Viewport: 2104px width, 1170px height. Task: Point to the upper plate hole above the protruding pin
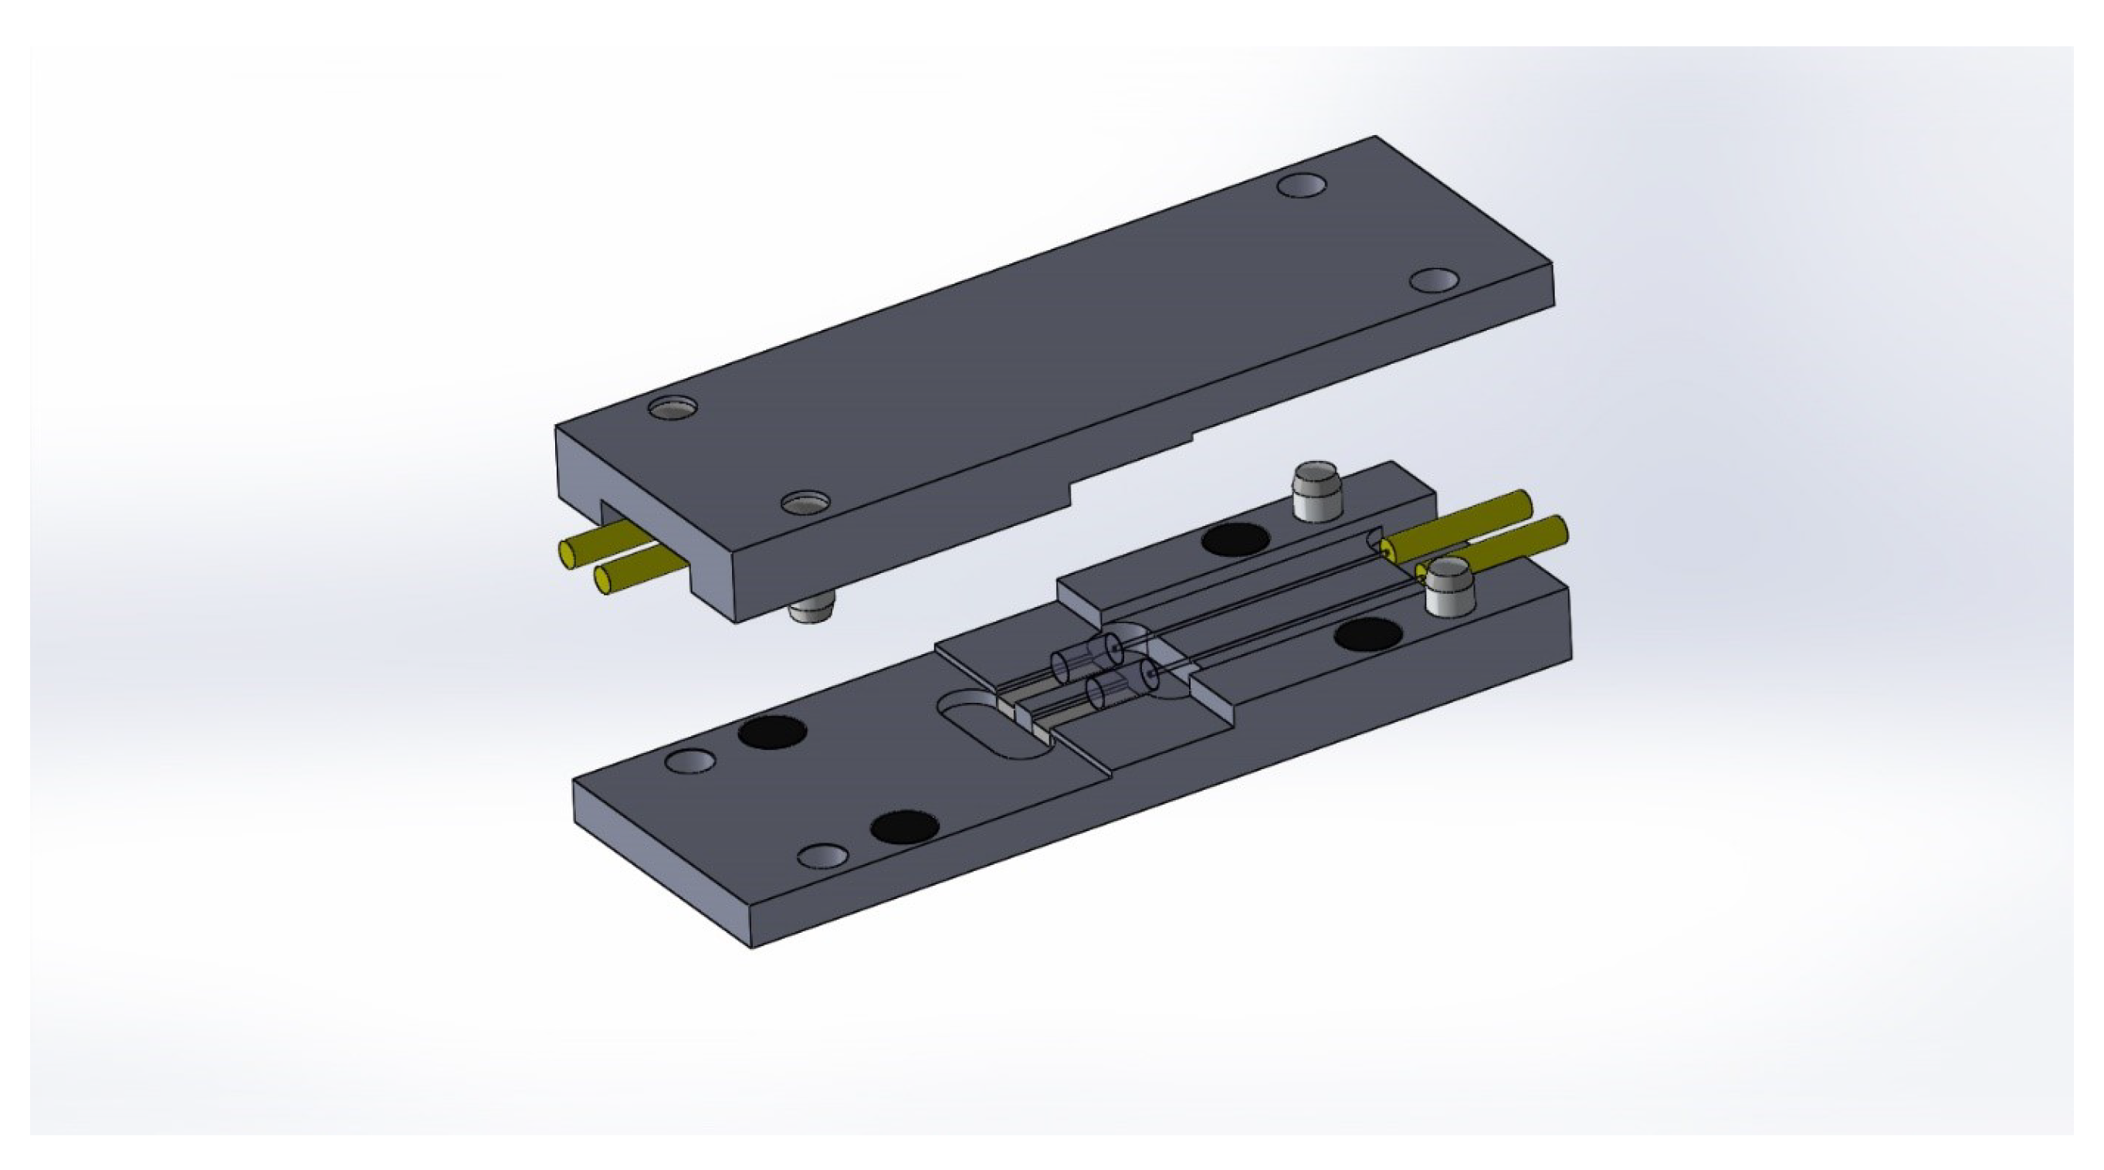(805, 503)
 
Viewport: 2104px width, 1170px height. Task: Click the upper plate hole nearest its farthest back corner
(1301, 185)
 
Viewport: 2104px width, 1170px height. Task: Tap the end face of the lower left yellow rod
(605, 580)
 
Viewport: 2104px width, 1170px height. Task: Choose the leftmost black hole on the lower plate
(772, 731)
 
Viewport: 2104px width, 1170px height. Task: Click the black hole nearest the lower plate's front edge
(904, 828)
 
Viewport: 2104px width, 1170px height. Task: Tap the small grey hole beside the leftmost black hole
(690, 761)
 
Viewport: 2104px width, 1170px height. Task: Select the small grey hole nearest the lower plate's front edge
(822, 856)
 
